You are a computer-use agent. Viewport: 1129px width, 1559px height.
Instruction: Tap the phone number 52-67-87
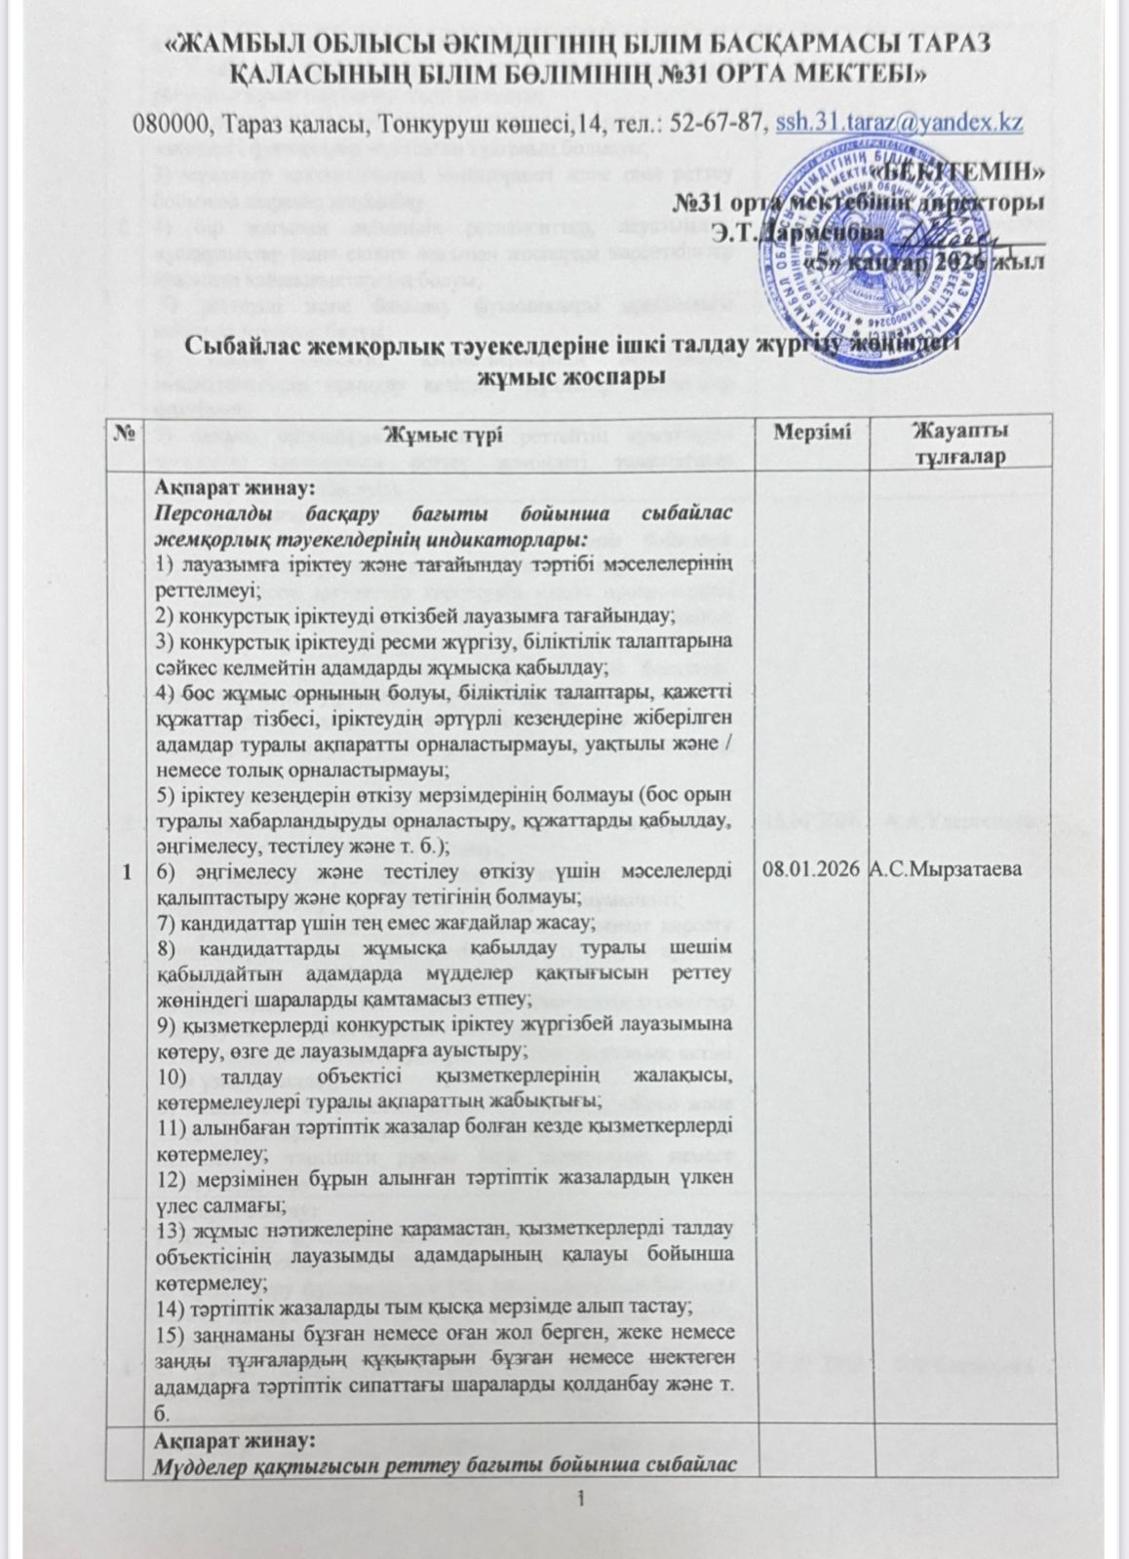722,124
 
